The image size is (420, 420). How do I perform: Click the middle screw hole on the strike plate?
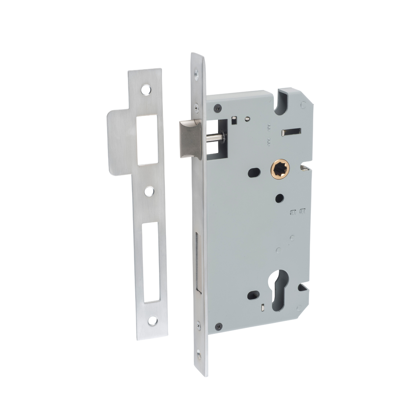tap(149, 191)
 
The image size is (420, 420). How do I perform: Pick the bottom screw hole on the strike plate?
tap(152, 321)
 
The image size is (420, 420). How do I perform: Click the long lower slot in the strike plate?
tap(151, 261)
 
